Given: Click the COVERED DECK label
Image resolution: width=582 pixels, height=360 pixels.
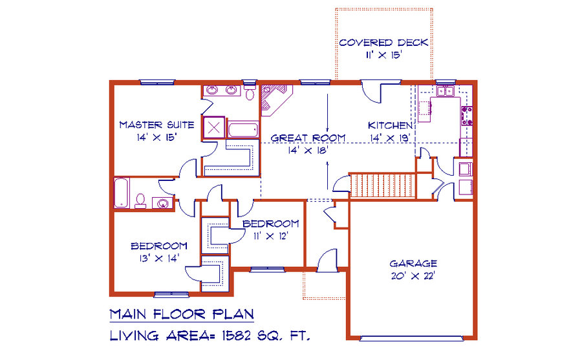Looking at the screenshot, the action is [383, 43].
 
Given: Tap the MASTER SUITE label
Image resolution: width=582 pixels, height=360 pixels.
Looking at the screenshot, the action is [156, 125].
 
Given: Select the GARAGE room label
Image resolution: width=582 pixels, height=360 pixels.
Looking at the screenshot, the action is [413, 264].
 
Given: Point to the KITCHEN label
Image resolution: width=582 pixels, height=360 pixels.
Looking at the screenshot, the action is [390, 125].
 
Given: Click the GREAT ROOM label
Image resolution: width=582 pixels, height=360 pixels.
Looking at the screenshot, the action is [308, 138].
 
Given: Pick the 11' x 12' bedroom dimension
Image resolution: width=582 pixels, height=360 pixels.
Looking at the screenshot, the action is [271, 236].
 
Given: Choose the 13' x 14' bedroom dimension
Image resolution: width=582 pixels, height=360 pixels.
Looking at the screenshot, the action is [159, 258].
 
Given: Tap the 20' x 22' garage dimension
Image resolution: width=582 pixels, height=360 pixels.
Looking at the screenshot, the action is [413, 276].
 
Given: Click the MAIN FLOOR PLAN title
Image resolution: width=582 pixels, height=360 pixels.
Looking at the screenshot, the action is [182, 314].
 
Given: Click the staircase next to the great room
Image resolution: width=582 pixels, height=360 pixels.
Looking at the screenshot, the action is [383, 185].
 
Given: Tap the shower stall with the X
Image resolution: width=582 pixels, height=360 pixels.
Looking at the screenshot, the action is [214, 128].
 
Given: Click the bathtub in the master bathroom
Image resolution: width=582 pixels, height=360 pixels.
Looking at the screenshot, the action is [243, 129].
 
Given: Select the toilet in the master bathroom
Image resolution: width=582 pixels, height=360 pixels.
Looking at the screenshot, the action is [250, 92].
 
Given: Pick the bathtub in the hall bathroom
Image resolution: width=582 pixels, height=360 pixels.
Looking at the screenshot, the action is [122, 193].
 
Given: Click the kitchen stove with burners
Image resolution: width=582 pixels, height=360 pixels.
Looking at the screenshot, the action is [466, 116].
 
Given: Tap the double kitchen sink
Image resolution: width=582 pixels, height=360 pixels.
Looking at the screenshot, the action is [446, 91].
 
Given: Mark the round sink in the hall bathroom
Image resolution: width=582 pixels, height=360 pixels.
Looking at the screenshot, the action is [162, 204].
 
